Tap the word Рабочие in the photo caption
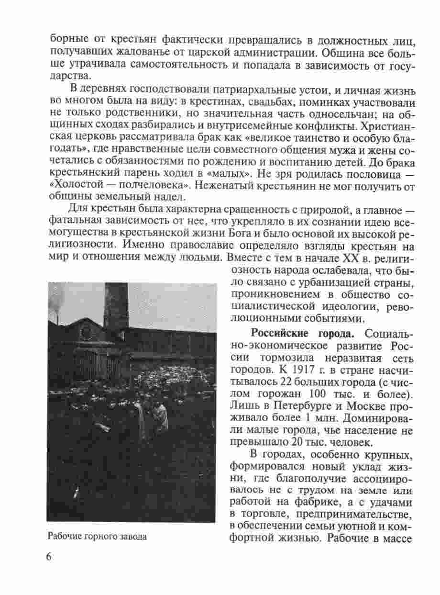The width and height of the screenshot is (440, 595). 63,536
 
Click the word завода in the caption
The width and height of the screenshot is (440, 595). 132,536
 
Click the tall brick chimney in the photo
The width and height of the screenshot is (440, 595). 116,306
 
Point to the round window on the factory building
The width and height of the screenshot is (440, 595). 87,331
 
